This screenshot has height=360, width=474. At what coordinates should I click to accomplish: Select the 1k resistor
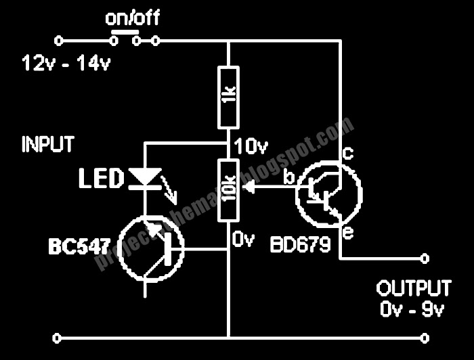click(228, 97)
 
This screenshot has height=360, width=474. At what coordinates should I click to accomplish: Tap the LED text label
click(101, 179)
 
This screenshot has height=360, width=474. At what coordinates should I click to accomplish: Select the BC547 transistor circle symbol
click(150, 248)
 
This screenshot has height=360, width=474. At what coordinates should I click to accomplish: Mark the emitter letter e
click(348, 233)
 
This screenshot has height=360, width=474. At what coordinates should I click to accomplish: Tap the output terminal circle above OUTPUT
click(425, 257)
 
